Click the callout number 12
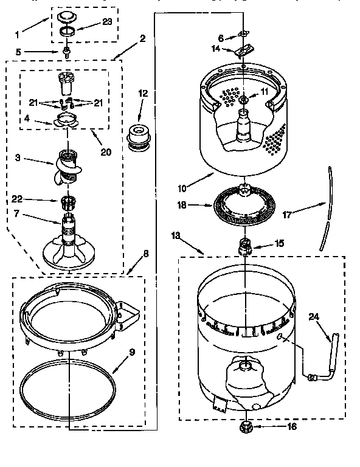(143, 94)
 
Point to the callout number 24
(313, 316)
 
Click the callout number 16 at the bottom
(291, 427)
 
